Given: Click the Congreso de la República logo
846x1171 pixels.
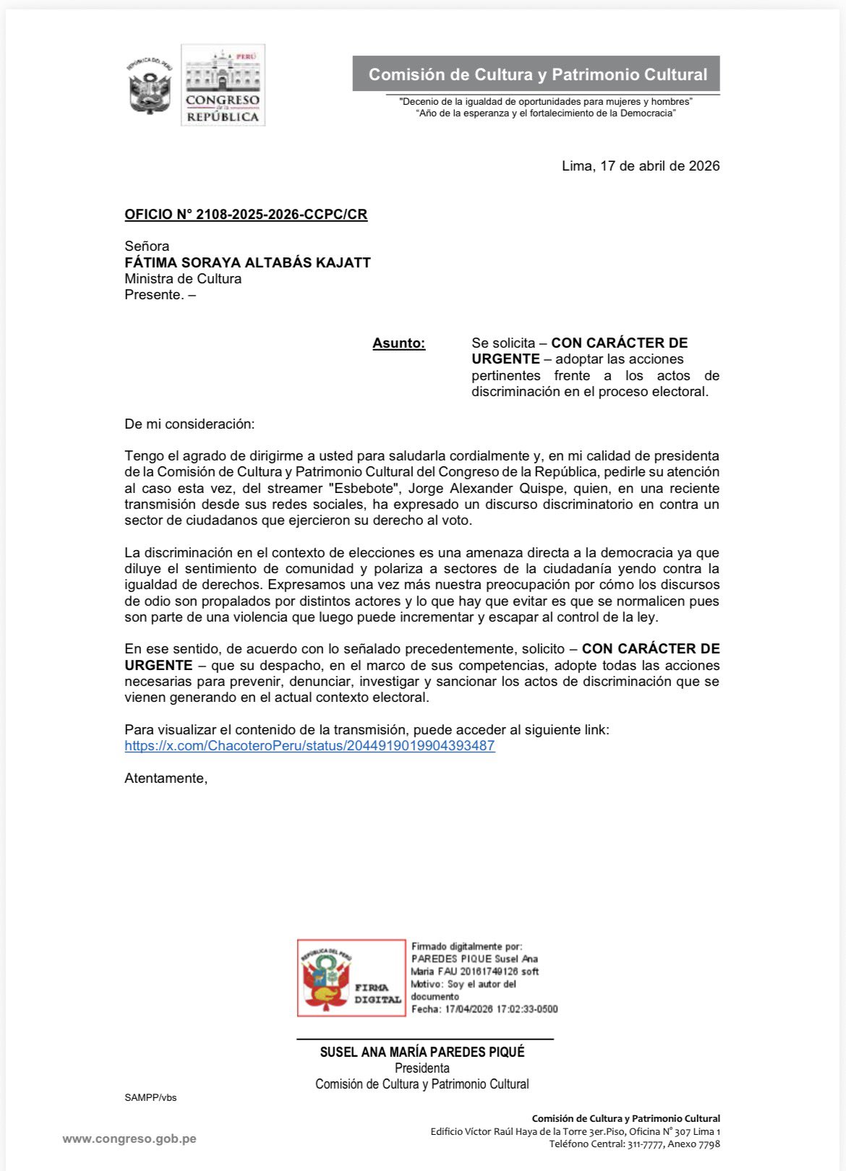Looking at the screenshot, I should tap(223, 85).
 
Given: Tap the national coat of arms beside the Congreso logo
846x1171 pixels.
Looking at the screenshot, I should tap(150, 85).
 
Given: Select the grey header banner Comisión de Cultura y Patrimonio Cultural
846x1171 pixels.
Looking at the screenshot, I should tap(537, 74).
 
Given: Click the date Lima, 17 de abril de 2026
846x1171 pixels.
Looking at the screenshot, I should tap(641, 166).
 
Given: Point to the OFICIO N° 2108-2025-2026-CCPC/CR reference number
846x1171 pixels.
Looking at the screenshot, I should tap(246, 215).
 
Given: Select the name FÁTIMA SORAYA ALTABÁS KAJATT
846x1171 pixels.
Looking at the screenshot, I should tap(247, 262).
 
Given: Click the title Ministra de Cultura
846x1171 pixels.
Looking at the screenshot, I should tap(183, 279).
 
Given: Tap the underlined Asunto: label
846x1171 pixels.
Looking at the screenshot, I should tap(398, 343).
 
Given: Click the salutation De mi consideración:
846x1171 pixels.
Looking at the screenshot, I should tap(189, 424).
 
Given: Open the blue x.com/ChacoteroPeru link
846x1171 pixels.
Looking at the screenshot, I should tap(309, 746).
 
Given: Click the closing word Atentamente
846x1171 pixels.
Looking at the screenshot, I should tap(166, 778).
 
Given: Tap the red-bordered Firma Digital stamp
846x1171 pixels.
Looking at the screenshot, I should tap(351, 977).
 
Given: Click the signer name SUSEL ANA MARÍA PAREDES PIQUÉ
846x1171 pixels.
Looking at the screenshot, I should tap(422, 1052).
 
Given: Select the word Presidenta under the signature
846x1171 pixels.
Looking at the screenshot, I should tap(422, 1068).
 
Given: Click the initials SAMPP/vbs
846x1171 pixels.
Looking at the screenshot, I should tap(150, 1098).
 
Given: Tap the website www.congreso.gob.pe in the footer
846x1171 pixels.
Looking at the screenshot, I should tap(129, 1139).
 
